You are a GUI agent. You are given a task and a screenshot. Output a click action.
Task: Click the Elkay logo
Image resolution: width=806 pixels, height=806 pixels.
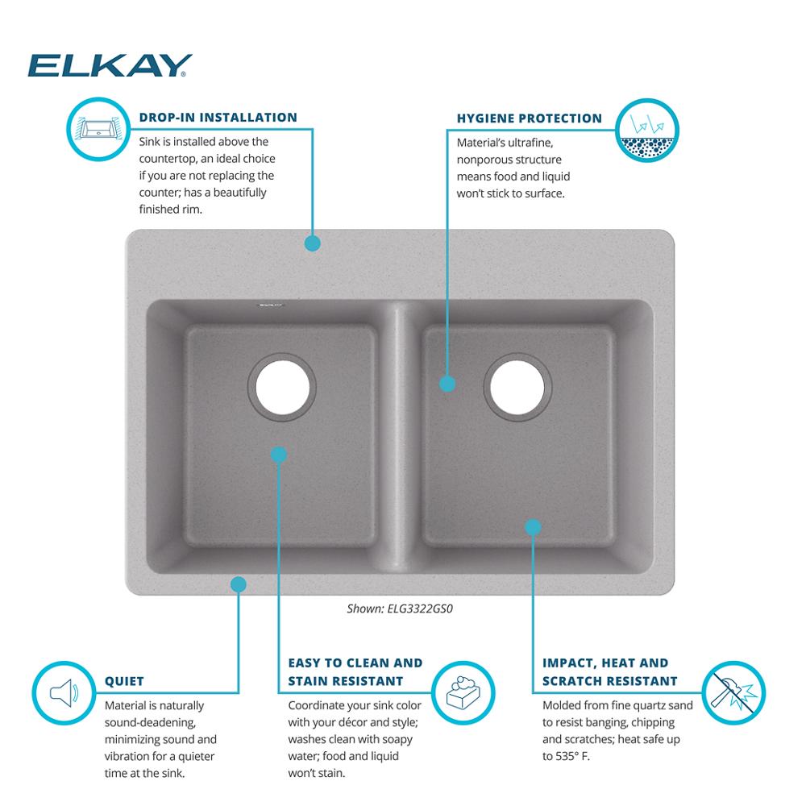[110, 65]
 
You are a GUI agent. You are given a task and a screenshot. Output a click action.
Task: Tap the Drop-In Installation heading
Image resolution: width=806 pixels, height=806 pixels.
[218, 118]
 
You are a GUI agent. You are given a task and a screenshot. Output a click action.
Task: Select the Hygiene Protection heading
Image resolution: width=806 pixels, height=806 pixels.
[530, 118]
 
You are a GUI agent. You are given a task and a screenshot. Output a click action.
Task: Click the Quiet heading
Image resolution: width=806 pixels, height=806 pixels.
[124, 682]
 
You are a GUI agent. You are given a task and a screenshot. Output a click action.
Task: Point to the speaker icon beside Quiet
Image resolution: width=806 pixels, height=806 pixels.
[64, 692]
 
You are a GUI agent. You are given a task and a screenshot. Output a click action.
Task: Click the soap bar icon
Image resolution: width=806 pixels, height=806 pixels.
[463, 692]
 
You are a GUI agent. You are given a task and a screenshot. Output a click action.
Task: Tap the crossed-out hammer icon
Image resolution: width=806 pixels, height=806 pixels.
[733, 692]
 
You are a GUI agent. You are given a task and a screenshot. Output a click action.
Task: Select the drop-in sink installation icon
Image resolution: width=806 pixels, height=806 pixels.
[98, 128]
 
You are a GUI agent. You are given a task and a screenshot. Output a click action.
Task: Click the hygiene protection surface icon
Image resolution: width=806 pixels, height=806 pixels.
[647, 131]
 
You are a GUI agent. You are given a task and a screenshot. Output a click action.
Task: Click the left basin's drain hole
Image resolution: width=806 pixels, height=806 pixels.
[282, 388]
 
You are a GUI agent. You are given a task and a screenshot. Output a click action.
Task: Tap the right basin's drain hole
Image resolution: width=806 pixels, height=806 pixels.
[517, 388]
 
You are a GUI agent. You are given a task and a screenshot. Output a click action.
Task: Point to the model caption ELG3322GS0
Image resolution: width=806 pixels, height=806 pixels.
[400, 609]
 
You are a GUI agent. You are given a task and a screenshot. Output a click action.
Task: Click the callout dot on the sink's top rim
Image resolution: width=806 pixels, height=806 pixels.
[312, 243]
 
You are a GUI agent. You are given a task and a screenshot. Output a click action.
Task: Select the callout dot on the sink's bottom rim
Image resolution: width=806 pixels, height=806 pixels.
[238, 584]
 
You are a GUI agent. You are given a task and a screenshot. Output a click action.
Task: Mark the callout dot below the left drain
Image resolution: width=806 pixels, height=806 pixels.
[278, 455]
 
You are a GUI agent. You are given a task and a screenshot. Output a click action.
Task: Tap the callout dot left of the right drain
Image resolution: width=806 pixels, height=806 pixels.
[447, 384]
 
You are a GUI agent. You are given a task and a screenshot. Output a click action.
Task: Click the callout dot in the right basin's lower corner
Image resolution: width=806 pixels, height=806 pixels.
[533, 527]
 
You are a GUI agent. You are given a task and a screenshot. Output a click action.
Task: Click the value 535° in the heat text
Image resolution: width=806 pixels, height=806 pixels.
[568, 757]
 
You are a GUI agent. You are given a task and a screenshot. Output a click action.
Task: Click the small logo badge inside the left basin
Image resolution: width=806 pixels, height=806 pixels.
[270, 305]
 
